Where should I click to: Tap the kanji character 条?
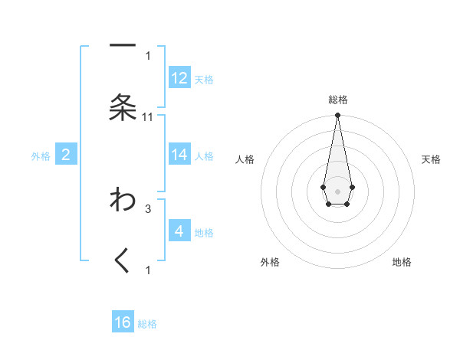[x=123, y=107]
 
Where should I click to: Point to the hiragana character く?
[x=123, y=260]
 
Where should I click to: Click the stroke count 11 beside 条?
[x=148, y=116]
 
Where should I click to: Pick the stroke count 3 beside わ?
[x=148, y=208]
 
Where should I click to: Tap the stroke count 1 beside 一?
[x=148, y=55]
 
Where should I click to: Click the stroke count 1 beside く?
[x=148, y=270]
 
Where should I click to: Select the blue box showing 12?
[x=179, y=78]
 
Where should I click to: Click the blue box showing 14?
[x=179, y=155]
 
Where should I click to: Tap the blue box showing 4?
[x=179, y=231]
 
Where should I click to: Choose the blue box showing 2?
[x=66, y=155]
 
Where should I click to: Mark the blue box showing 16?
[x=123, y=322]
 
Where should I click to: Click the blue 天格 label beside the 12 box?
[x=204, y=80]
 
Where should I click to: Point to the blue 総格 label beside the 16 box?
[x=147, y=324]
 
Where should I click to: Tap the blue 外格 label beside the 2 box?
[x=41, y=156]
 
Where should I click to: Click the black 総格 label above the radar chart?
[x=337, y=100]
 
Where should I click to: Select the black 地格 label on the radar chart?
[x=402, y=262]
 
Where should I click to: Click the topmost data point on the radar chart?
[x=337, y=116]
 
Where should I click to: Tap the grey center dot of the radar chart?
[x=337, y=190]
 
